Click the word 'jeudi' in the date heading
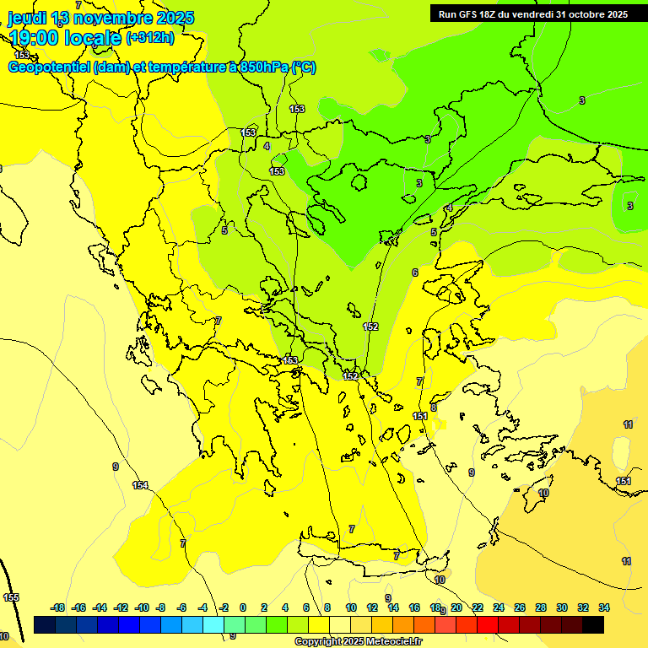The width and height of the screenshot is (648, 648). (26, 18)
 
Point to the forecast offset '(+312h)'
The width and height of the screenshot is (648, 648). (149, 37)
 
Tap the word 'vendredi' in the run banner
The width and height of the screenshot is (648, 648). (529, 14)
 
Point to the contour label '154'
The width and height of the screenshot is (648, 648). (140, 485)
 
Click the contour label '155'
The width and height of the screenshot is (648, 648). (11, 597)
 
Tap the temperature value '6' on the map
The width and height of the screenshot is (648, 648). (414, 273)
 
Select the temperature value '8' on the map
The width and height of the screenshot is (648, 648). (434, 408)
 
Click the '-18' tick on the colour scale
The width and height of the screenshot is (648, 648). (58, 607)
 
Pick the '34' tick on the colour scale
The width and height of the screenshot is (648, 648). (604, 607)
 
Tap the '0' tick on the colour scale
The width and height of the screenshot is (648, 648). (242, 607)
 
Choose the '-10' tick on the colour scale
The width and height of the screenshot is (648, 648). (142, 607)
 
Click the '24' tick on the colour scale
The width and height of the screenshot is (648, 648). (499, 607)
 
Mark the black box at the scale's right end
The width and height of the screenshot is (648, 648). (593, 625)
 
